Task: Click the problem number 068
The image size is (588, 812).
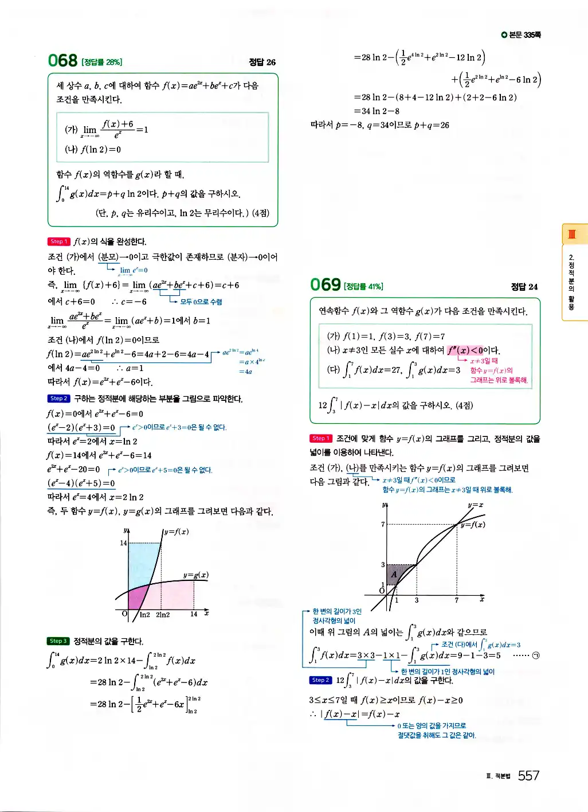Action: click(x=62, y=61)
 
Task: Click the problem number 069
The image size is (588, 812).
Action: click(x=325, y=284)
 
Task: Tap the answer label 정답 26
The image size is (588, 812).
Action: click(x=262, y=62)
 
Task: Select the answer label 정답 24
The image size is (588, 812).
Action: click(x=524, y=287)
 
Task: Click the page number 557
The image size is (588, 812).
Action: click(x=528, y=776)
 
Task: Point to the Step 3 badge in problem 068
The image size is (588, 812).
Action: click(x=58, y=641)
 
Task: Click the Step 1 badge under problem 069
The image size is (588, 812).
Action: click(x=321, y=439)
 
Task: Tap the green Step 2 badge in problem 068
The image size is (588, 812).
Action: click(x=58, y=399)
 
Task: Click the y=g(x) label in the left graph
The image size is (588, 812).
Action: click(x=195, y=575)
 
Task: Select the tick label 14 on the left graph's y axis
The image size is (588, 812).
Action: click(x=123, y=542)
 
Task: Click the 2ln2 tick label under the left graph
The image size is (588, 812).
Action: click(x=163, y=615)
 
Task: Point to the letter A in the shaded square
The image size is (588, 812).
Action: click(x=394, y=575)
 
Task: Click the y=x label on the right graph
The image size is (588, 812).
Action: click(x=476, y=505)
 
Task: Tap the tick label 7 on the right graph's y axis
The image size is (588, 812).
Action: click(x=383, y=524)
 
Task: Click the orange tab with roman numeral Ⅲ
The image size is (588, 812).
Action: click(x=571, y=234)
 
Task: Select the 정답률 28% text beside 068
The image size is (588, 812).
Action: click(x=101, y=62)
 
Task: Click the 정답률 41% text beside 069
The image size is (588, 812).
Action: click(x=363, y=286)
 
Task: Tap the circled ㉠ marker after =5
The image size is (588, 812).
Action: click(x=535, y=655)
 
